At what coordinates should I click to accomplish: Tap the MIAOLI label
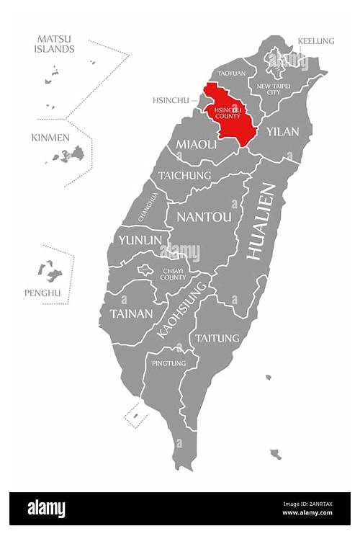tap(197, 145)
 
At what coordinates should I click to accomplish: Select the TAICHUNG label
tap(184, 175)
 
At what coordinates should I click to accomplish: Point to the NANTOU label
tap(204, 217)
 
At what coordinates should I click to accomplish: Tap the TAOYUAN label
tap(231, 73)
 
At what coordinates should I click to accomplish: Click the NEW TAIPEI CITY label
tap(273, 88)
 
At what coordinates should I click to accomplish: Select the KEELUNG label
tap(316, 41)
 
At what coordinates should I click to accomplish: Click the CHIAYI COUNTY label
tap(173, 273)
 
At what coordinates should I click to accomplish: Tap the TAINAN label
tap(131, 314)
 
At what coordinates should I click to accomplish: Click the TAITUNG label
tap(216, 337)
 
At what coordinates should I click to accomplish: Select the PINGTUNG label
tap(168, 363)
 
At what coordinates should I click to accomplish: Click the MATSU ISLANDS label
tap(54, 45)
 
